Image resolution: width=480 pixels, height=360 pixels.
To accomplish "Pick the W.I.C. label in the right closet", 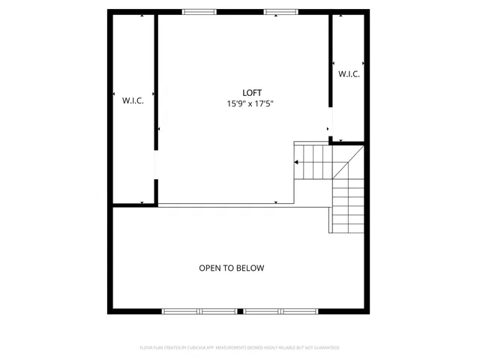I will (349, 74).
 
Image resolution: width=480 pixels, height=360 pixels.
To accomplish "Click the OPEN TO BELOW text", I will (231, 268).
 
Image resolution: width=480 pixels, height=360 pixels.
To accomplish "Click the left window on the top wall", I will (199, 12).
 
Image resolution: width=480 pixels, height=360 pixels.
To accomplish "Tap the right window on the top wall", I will (280, 12).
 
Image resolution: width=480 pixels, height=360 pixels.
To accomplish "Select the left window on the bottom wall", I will (199, 310).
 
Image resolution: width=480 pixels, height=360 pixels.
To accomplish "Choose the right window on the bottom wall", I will (280, 310).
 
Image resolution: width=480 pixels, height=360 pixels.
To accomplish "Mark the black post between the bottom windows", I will (239, 310).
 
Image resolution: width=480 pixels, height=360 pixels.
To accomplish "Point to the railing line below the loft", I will (225, 205).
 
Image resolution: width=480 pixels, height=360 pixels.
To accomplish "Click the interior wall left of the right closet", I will (331, 60).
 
